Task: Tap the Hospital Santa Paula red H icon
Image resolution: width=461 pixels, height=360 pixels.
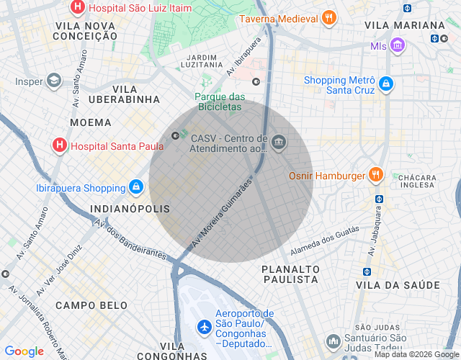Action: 61,145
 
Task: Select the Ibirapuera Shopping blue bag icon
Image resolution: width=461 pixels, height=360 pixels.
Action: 135,188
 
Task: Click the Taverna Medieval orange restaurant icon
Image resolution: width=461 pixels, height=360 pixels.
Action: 328,18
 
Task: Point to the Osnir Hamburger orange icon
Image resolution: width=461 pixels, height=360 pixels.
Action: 375,174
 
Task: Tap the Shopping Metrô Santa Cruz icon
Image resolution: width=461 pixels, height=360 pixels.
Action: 386,84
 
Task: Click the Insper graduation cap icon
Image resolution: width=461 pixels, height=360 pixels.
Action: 53,81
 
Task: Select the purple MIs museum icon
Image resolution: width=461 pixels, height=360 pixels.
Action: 397,46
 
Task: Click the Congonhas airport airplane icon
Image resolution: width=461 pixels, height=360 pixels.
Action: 204,326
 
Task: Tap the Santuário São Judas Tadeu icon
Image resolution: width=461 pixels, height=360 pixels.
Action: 332,341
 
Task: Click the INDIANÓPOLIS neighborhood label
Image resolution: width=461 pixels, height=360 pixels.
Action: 130,209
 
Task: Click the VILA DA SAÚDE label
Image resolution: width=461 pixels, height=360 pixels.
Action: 397,286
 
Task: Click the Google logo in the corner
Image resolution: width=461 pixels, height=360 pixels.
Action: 24,351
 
